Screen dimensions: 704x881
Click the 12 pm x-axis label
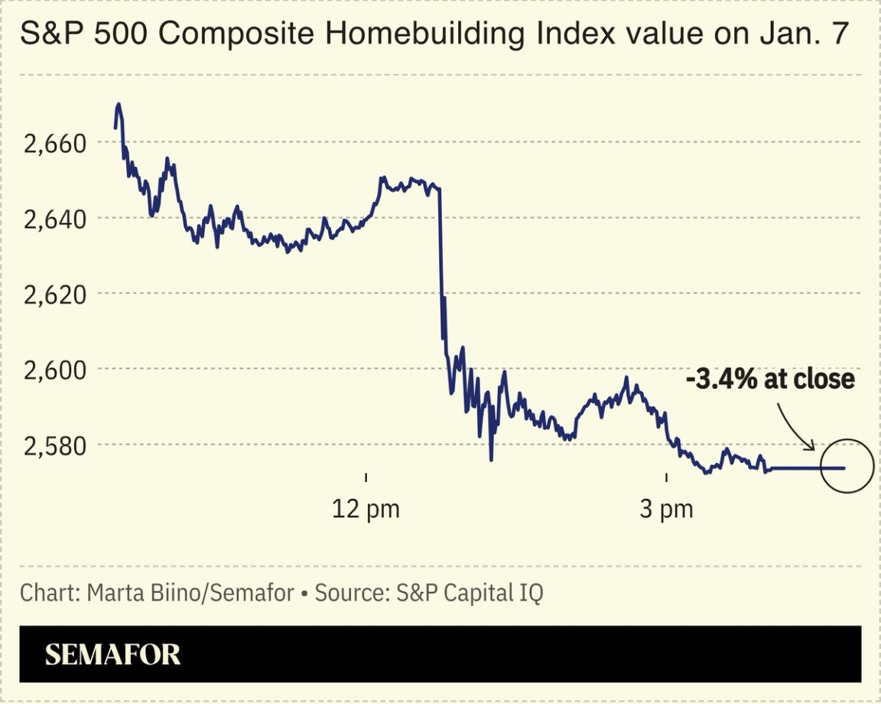pos(366,509)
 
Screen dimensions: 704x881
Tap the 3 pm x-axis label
pos(667,509)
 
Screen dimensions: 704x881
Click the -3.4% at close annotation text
pos(769,380)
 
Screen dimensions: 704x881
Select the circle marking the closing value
pos(847,467)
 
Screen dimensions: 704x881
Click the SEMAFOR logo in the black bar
pos(112,655)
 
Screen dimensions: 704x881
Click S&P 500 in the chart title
pos(68,36)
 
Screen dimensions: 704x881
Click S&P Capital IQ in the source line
pos(470,593)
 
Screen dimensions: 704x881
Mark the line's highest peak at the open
pos(119,104)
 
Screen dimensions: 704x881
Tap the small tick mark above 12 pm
pos(366,477)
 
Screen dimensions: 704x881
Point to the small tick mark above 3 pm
pos(667,477)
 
